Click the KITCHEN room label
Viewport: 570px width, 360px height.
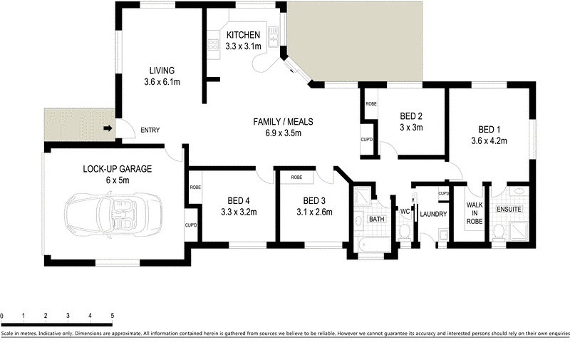coord(243,35)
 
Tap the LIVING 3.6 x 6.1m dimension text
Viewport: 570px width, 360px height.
coord(162,82)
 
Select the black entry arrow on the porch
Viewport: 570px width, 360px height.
coord(108,128)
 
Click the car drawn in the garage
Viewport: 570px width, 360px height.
coord(113,215)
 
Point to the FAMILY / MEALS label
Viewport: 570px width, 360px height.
coord(283,121)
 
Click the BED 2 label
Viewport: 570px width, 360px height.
coord(411,116)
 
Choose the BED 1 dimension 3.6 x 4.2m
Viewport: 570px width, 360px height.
coord(489,140)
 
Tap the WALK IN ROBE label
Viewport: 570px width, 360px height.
coord(475,213)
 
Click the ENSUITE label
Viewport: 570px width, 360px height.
coord(509,209)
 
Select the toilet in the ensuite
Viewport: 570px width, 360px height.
coord(499,232)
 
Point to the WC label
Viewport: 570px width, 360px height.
coord(405,211)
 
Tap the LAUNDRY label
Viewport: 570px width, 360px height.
coord(433,214)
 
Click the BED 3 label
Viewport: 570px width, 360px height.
coord(314,201)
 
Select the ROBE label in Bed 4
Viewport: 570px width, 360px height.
coord(195,187)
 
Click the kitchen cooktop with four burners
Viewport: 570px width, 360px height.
coord(213,45)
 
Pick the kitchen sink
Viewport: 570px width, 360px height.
coord(273,36)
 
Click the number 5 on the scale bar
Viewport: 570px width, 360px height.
coord(113,316)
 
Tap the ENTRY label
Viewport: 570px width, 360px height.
coord(150,130)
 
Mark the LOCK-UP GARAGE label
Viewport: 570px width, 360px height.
coord(117,169)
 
